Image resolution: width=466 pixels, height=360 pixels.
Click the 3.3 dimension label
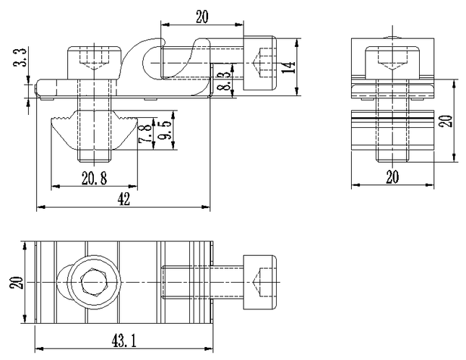pos(21,57)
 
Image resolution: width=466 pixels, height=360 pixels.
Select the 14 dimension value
pos(288,67)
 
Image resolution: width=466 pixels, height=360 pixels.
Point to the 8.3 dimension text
pos(225,81)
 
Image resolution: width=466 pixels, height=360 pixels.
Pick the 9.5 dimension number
pos(164,131)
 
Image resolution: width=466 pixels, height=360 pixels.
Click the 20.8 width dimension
pos(94,178)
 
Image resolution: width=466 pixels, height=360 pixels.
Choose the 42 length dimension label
pos(124,199)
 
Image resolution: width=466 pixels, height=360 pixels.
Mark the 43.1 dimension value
pos(124,340)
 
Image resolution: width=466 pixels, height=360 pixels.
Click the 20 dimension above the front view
pos(202,17)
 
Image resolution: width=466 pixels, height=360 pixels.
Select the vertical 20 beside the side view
pos(446,121)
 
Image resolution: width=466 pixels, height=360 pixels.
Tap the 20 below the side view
pos(392,177)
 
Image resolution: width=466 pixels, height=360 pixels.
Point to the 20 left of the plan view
pos(16,282)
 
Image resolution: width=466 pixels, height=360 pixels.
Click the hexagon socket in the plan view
pos(94,282)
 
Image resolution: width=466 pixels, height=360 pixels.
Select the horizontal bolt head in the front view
pos(260,63)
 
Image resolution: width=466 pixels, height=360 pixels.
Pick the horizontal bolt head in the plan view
pos(260,282)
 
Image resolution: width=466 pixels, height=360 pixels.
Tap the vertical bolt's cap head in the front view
pos(95,62)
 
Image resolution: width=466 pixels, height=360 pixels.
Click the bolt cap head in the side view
pos(392,62)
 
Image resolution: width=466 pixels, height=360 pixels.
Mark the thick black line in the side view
pos(392,118)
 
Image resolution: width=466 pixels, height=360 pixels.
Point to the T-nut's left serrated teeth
pos(61,119)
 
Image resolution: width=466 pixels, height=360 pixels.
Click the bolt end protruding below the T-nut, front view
pos(95,155)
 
